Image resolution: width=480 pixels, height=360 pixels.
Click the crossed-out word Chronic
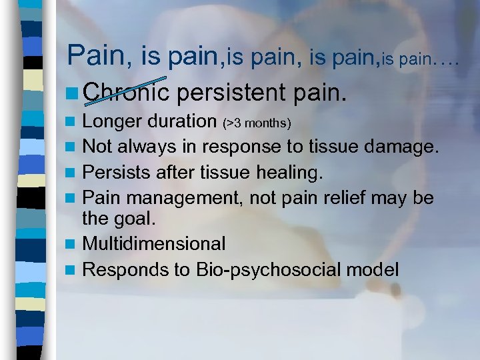click(127, 94)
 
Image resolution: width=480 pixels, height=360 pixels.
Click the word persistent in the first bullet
click(230, 94)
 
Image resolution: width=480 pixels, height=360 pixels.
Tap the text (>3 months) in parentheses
click(257, 123)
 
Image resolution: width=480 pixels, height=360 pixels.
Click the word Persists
click(114, 173)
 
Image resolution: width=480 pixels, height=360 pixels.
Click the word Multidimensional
click(153, 245)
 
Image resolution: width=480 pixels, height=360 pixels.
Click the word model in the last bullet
click(377, 270)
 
